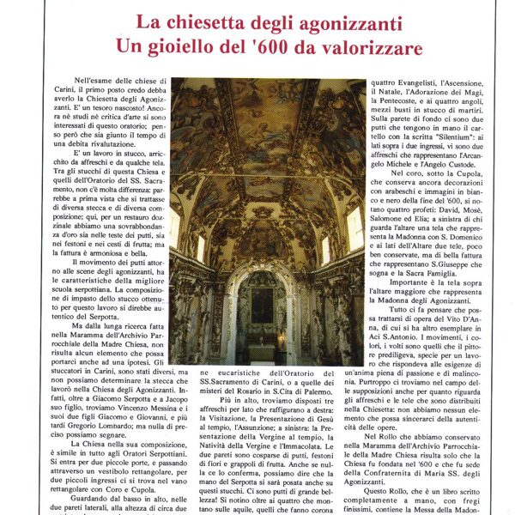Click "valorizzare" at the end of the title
378,47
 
